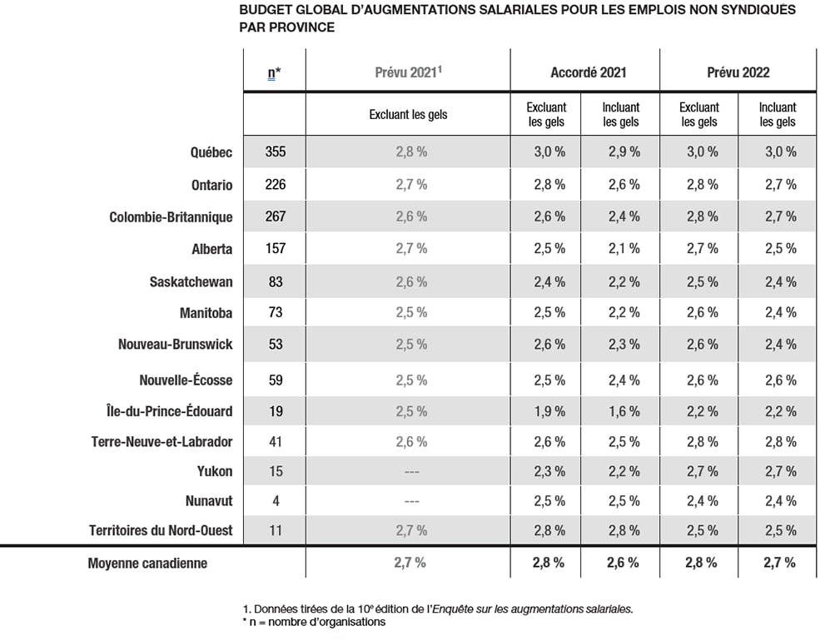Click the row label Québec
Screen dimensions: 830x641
tap(211, 152)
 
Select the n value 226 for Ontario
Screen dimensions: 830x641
tap(276, 184)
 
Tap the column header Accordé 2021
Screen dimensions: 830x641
tap(588, 72)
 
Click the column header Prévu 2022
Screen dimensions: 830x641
tap(738, 72)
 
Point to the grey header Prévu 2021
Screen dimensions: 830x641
tap(408, 72)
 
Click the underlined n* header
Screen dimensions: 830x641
tap(274, 73)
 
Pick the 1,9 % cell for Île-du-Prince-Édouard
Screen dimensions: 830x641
tap(549, 411)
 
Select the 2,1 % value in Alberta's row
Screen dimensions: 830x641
tap(624, 248)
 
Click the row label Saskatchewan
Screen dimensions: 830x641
tap(191, 281)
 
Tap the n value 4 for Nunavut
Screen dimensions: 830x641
tap(276, 501)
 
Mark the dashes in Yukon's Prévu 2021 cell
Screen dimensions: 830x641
tap(412, 472)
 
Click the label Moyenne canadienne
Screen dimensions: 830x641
tap(147, 564)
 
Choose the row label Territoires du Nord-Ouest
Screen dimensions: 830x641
tap(161, 530)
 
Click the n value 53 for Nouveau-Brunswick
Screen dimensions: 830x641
tap(276, 344)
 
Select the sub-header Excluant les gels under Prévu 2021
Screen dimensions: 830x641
tap(408, 114)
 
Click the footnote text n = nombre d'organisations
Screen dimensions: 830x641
tap(314, 622)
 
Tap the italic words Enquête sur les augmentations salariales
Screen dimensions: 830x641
tap(532, 609)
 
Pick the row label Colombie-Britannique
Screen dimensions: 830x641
tap(171, 217)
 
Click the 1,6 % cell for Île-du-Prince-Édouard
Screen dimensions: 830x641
tap(624, 411)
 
